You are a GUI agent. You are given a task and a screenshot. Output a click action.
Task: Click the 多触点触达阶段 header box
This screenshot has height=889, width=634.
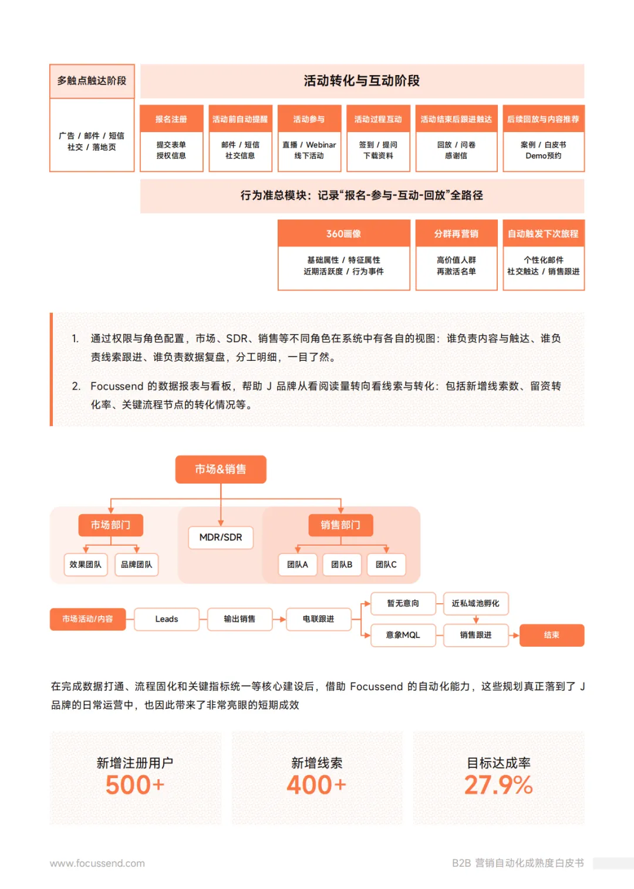pyautogui.click(x=92, y=81)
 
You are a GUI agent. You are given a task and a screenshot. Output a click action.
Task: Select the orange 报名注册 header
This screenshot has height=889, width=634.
pyautogui.click(x=171, y=119)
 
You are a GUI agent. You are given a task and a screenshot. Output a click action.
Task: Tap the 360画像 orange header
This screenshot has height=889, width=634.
pyautogui.click(x=343, y=234)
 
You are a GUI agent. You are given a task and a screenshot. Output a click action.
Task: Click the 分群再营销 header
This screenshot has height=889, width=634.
pyautogui.click(x=456, y=234)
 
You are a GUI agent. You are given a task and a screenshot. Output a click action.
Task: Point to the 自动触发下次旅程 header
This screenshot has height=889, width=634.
pyautogui.click(x=543, y=234)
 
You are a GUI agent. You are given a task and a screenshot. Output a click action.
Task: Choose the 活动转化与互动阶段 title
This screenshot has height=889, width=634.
pyautogui.click(x=362, y=81)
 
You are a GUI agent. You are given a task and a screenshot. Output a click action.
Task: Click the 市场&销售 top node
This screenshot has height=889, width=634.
pyautogui.click(x=221, y=469)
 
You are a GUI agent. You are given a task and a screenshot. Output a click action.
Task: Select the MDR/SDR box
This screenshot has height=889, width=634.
pyautogui.click(x=221, y=538)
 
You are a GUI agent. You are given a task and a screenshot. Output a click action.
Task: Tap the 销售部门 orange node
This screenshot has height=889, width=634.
pyautogui.click(x=340, y=525)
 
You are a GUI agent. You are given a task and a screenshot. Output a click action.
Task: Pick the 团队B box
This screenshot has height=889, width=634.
pyautogui.click(x=342, y=565)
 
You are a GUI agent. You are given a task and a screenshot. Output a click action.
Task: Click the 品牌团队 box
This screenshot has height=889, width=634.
pyautogui.click(x=136, y=565)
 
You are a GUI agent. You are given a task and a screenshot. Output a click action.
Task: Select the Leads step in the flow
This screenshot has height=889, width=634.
pyautogui.click(x=167, y=619)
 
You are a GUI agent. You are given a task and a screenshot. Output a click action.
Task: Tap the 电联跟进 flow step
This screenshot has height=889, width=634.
pyautogui.click(x=318, y=619)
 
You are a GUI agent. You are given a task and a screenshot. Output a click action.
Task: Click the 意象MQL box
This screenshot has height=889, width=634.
pyautogui.click(x=403, y=635)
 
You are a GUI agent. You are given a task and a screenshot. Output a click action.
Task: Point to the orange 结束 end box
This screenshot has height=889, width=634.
pyautogui.click(x=552, y=635)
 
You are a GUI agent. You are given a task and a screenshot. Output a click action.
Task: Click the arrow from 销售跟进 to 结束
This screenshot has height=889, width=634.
pyautogui.click(x=514, y=635)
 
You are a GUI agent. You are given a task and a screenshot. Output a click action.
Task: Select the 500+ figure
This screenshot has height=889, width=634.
pyautogui.click(x=135, y=785)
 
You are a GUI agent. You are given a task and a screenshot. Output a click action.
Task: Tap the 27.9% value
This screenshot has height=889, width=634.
pyautogui.click(x=498, y=785)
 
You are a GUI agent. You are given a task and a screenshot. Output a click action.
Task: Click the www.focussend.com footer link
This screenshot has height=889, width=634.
pyautogui.click(x=97, y=863)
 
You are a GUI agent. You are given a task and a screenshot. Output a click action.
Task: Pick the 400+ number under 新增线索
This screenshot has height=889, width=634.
pyautogui.click(x=316, y=785)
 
